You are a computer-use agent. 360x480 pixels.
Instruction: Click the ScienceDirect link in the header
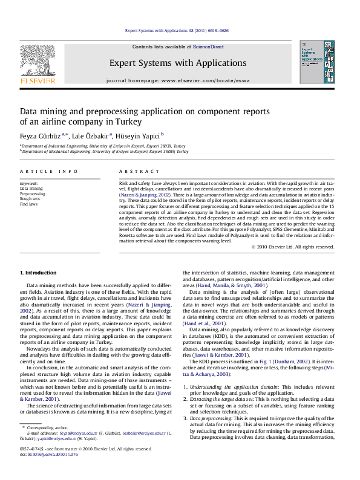click(x=208, y=47)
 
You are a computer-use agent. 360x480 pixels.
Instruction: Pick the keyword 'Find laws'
click(x=28, y=204)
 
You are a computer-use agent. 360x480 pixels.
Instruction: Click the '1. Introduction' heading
click(x=38, y=274)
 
